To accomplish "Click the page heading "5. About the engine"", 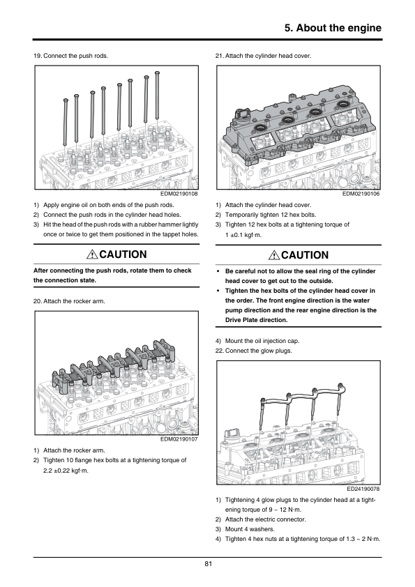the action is click(x=333, y=28).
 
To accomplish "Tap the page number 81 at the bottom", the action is click(x=209, y=564).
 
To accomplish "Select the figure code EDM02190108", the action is click(x=179, y=194).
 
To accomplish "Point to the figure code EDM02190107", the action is click(x=179, y=439).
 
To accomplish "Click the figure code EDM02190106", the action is click(x=361, y=194).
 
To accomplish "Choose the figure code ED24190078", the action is click(x=363, y=489).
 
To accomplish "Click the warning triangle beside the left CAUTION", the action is click(x=92, y=254).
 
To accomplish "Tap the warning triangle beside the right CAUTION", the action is click(x=274, y=255).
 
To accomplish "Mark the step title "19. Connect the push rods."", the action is click(x=70, y=56).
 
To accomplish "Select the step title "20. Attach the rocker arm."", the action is click(x=69, y=301).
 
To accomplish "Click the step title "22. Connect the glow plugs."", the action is click(x=254, y=351).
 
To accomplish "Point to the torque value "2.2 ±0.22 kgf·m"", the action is click(x=66, y=471).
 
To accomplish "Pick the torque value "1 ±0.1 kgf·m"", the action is click(x=243, y=235).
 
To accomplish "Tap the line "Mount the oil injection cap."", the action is click(x=262, y=341).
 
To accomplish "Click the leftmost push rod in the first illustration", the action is click(x=66, y=122).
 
